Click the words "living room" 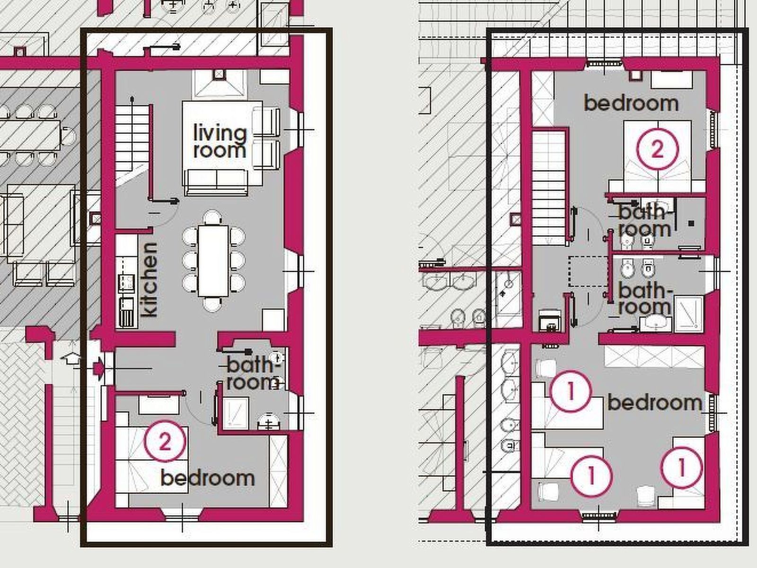220,142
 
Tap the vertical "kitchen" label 150,280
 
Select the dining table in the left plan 213,261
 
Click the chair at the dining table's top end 212,218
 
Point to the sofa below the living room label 217,182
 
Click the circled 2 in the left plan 165,441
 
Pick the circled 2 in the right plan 657,149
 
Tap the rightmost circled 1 681,467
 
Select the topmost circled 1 571,391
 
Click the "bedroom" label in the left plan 208,478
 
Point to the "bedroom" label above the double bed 631,103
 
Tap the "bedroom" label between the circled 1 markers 655,402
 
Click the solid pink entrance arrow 99,368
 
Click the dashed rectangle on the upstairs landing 589,271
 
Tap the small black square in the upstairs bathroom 691,223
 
